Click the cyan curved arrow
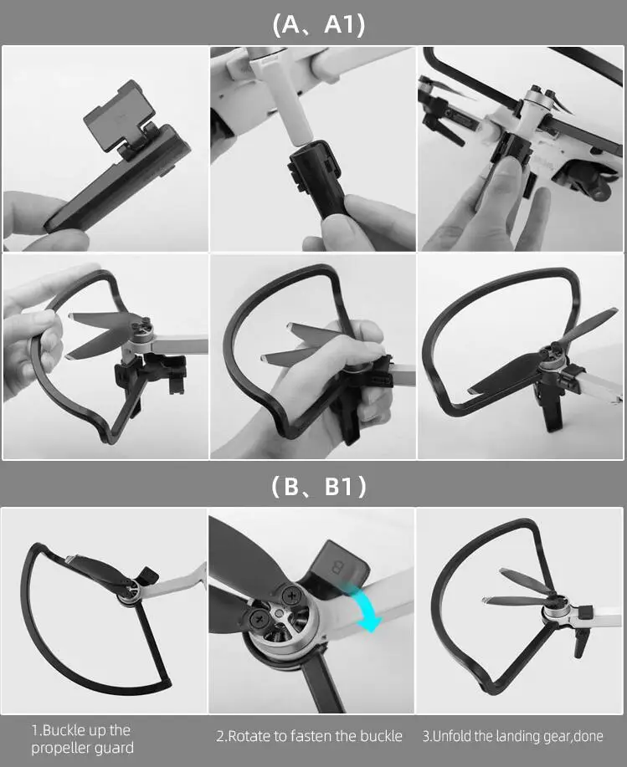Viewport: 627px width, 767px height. (x=367, y=606)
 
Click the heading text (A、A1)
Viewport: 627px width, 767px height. (x=319, y=24)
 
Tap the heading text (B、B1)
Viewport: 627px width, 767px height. (x=319, y=486)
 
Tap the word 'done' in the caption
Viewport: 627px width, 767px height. (x=588, y=736)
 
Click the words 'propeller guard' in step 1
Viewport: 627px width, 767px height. (x=82, y=748)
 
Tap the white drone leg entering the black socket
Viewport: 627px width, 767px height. (x=291, y=108)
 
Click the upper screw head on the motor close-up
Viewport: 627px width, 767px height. (x=291, y=596)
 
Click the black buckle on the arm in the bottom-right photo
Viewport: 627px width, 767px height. (x=585, y=611)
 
